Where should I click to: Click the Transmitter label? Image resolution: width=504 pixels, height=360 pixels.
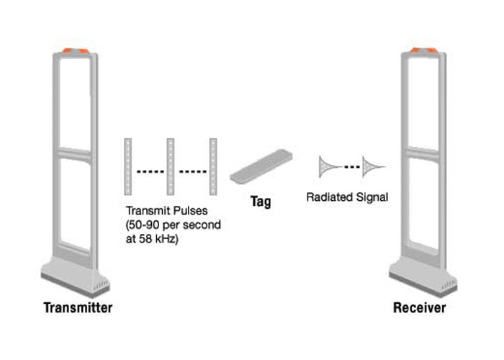coord(78,308)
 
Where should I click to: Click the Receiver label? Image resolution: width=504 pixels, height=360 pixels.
coord(419,308)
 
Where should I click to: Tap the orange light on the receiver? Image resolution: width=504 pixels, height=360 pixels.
coord(423,51)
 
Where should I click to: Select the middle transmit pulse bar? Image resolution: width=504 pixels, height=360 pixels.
coord(171,166)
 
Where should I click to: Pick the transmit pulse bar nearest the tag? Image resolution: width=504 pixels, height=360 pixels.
coord(212,166)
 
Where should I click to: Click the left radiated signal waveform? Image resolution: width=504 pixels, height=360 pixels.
coord(329,166)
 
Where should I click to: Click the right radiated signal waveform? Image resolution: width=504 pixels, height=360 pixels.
coord(373,166)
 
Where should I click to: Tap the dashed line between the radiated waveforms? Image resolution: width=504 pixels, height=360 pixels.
coord(351,167)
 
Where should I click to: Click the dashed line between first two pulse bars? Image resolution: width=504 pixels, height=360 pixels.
coord(150,171)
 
